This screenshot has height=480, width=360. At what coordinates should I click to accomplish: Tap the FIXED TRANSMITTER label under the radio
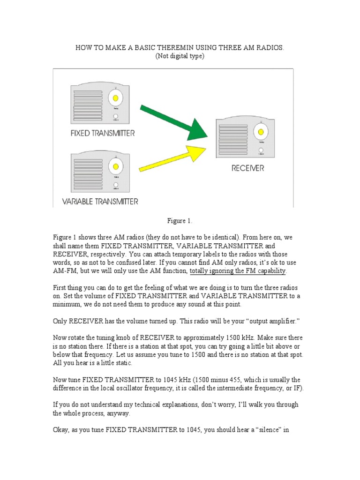pos(103,133)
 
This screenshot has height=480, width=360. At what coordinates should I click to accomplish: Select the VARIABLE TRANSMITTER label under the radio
pos(100,202)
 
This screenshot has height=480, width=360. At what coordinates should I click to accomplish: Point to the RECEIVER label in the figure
pos(247,168)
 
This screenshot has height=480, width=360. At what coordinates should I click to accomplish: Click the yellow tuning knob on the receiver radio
pos(261,132)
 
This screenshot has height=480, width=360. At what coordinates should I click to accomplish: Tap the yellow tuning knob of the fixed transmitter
pos(115,99)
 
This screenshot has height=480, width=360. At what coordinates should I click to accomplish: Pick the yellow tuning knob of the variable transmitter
pos(115,166)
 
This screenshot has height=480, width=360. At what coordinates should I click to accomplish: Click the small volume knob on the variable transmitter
pos(115,185)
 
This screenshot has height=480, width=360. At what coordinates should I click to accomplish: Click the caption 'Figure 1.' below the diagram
pos(180,220)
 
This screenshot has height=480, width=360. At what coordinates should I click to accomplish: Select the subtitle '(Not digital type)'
pos(180,56)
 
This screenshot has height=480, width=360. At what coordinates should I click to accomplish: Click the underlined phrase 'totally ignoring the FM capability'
pos(238,271)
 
